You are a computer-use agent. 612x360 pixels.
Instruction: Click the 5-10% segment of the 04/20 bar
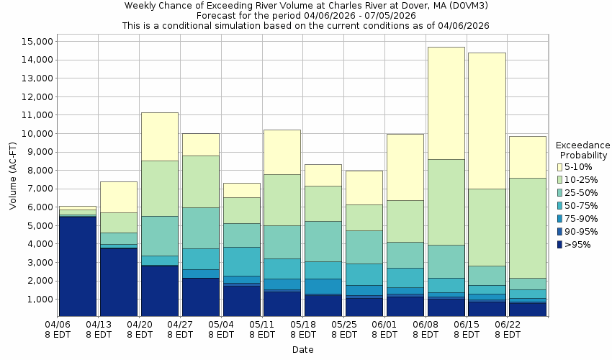tap(159, 137)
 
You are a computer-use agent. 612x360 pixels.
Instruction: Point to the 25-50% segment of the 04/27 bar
tap(200, 228)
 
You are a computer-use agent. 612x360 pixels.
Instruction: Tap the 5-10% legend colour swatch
tap(559, 167)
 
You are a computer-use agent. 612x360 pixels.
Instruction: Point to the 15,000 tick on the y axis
tap(33, 41)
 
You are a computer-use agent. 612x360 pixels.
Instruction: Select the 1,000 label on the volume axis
tap(36, 299)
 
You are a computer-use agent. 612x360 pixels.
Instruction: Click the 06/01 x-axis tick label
tap(385, 330)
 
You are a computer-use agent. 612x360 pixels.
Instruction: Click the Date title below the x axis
tap(302, 349)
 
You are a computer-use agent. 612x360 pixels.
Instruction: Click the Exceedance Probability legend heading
tap(583, 150)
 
